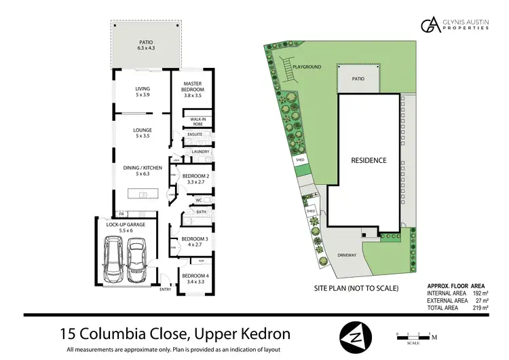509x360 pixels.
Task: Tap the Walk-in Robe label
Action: point(198,122)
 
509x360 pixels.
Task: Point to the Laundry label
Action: point(200,151)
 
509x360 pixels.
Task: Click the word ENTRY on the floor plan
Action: point(165,290)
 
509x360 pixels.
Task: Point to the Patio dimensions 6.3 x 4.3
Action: point(147,48)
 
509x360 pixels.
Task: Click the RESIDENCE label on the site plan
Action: point(369,160)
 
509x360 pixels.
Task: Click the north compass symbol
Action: point(356,335)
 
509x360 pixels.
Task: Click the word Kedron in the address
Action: point(256,334)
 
